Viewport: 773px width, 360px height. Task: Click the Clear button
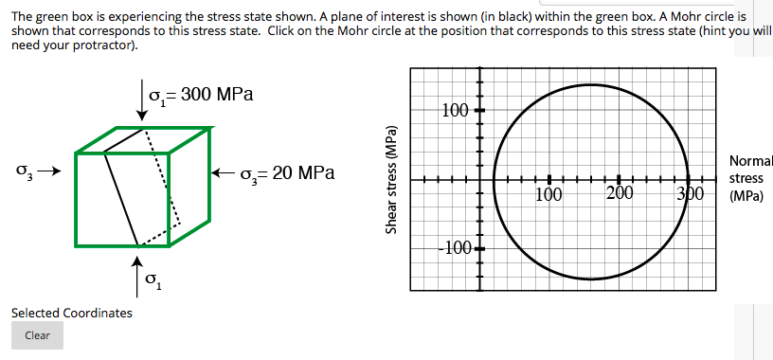(x=37, y=335)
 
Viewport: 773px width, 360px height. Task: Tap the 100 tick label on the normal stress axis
(x=549, y=196)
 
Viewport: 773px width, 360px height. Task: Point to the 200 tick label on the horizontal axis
(x=620, y=196)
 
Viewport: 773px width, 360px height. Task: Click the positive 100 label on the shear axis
(x=455, y=110)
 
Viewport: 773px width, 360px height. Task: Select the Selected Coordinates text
(x=72, y=313)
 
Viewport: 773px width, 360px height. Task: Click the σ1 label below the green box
(x=154, y=282)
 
